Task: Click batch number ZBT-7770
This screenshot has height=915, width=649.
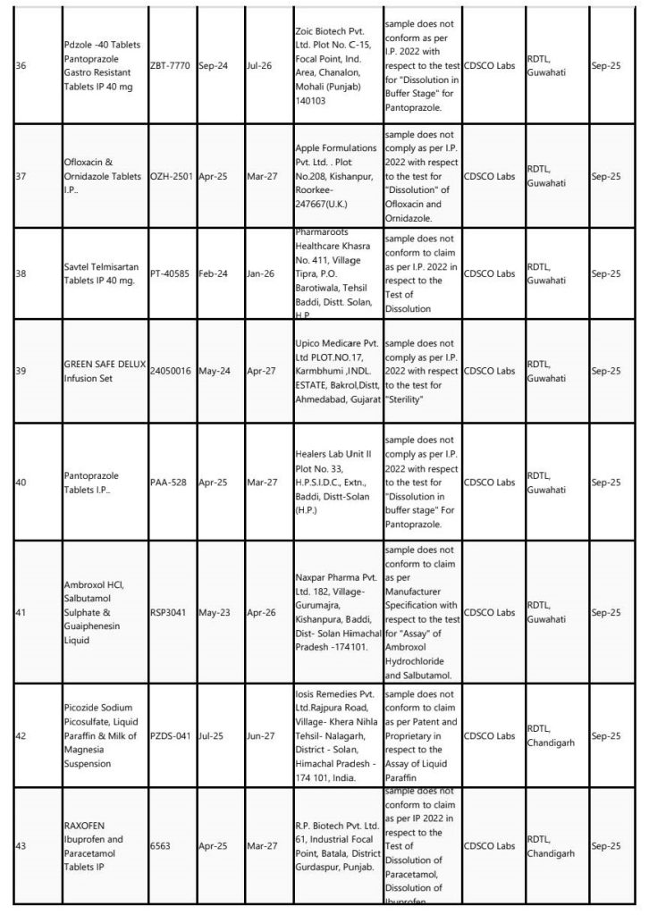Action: tap(170, 66)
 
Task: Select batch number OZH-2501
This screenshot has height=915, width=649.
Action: tap(172, 177)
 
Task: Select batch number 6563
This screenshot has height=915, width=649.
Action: tap(160, 844)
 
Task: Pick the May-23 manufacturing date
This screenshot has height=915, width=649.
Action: tap(215, 613)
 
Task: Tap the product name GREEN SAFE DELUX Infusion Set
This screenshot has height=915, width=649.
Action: tap(105, 370)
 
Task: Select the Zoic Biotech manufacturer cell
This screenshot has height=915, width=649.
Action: tap(335, 66)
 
